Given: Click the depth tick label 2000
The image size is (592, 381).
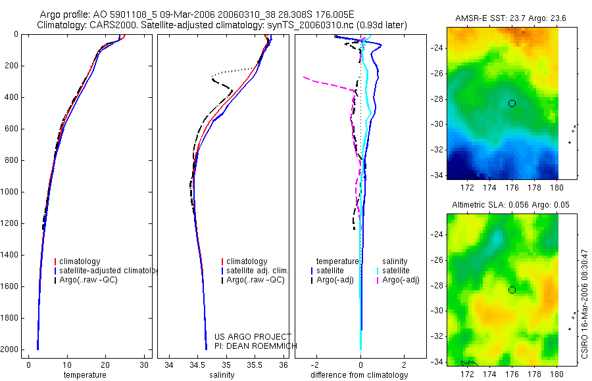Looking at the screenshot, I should pos(10,349).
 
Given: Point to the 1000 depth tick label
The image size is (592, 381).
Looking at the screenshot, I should pos(10,192).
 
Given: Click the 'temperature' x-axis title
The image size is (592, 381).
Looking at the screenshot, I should pos(85,375).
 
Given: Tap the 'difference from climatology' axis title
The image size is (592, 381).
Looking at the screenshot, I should pos(360,375).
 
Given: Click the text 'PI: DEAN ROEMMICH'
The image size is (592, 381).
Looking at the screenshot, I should pos(256,346).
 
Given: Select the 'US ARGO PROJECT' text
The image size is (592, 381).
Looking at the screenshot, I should pos(253,337).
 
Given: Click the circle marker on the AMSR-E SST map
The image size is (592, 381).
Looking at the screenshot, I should pos(512,103).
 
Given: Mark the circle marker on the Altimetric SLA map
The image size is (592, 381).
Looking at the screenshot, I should pos(512,290).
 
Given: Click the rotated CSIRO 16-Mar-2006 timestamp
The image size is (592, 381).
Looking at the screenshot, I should pos(585,303).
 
